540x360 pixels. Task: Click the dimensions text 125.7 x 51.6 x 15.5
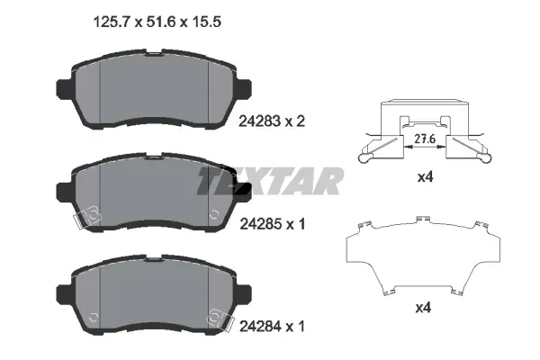[x=157, y=22]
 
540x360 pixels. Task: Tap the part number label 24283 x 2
[x=272, y=121]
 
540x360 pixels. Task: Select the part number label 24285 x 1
[x=272, y=224]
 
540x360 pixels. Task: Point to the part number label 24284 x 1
[x=272, y=326]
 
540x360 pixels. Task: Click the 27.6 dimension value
[x=425, y=139]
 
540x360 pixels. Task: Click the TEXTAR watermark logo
[x=270, y=181]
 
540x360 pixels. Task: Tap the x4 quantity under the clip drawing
[x=426, y=177]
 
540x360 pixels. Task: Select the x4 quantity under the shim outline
[x=423, y=308]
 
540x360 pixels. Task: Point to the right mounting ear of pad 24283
[x=244, y=89]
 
